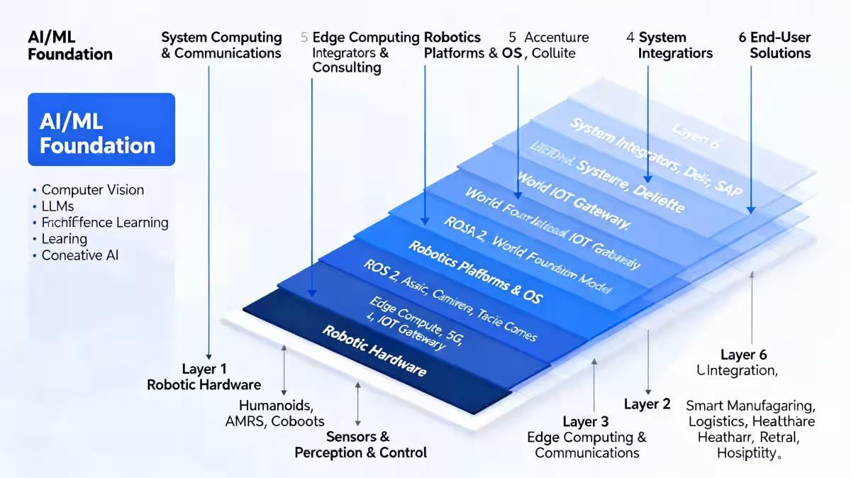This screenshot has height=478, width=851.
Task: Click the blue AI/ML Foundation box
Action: [101, 129]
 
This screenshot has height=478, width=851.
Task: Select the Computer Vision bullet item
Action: [92, 190]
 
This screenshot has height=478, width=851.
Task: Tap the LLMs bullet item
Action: [58, 206]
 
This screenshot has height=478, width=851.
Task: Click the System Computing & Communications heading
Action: [221, 45]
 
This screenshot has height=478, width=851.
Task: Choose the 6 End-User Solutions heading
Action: [774, 45]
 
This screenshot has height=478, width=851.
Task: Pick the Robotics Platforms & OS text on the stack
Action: [474, 272]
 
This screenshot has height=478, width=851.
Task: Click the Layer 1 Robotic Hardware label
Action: [204, 377]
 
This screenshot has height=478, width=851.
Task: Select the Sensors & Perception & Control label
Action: [360, 445]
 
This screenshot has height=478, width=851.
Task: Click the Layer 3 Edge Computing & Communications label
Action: [586, 438]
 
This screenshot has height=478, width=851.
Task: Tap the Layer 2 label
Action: [647, 404]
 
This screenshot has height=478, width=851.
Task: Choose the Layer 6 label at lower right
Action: [743, 355]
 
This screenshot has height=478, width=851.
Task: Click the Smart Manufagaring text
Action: [750, 406]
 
